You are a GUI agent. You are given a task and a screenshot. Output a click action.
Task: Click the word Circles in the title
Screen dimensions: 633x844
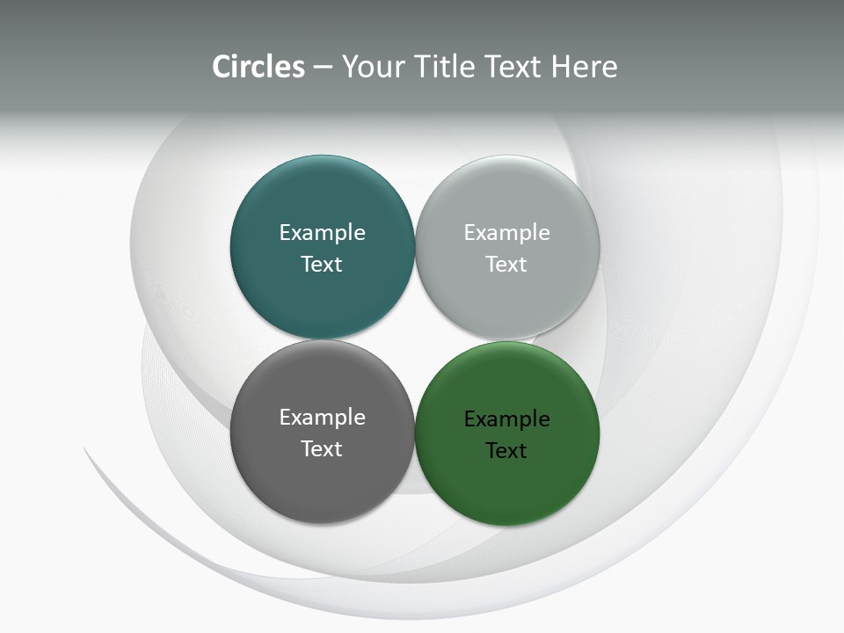258,67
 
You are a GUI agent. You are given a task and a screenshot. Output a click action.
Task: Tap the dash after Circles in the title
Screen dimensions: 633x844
323,68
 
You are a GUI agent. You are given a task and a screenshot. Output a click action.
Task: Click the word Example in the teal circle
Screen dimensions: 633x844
322,233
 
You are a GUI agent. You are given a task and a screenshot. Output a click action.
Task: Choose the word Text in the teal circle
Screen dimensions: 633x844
322,265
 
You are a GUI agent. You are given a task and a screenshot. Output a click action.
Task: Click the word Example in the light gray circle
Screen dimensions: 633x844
506,233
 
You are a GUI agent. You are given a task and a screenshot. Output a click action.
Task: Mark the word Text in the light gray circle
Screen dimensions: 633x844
506,265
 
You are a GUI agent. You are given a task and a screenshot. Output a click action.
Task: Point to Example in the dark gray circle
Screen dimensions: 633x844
322,418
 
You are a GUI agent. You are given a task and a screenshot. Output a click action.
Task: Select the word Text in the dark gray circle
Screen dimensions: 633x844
322,449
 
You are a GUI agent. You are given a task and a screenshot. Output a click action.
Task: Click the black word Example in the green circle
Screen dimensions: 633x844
506,419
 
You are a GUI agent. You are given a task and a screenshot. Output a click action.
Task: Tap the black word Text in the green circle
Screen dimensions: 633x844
506,451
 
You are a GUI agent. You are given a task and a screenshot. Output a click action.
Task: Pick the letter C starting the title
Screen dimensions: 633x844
222,67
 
